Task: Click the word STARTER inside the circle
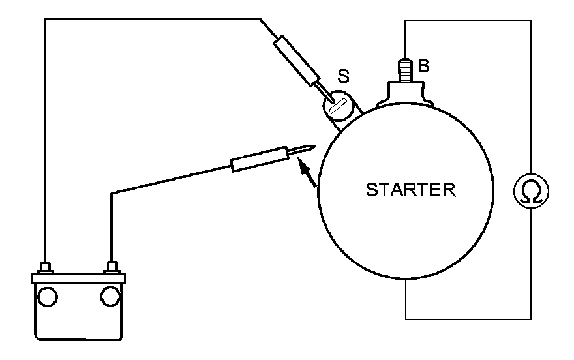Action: click(x=410, y=190)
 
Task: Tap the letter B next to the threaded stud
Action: click(x=423, y=66)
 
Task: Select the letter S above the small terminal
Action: click(x=343, y=76)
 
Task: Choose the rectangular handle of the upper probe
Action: click(x=296, y=60)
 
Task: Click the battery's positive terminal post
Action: click(x=45, y=267)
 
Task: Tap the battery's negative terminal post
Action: click(x=112, y=267)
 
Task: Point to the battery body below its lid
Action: click(x=79, y=320)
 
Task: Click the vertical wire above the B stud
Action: click(x=406, y=39)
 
